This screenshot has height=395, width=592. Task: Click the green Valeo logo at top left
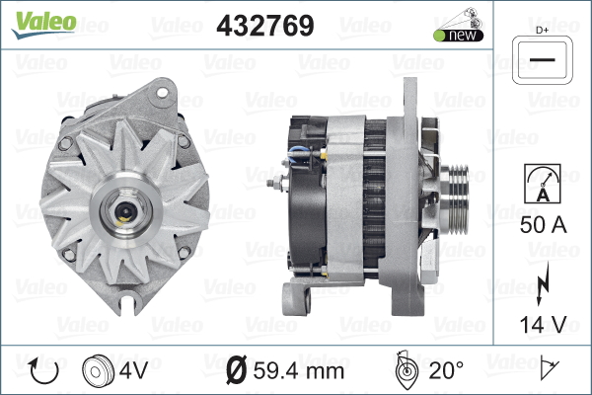[43, 24]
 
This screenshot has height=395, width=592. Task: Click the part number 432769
[265, 26]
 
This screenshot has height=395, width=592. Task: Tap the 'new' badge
[459, 35]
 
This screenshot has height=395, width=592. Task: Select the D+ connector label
[542, 31]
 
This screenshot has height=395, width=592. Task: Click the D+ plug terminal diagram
[542, 60]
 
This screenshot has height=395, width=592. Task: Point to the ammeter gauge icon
[543, 184]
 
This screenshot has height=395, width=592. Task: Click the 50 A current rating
[543, 225]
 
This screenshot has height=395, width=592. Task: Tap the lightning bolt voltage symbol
[542, 283]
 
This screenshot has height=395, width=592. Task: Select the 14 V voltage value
[543, 324]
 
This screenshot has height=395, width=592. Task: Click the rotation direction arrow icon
[44, 370]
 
